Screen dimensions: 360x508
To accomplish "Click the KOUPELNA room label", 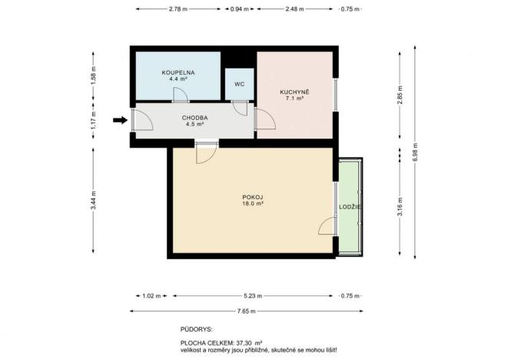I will point(178,72).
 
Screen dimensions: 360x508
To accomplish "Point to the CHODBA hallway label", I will point(193,117).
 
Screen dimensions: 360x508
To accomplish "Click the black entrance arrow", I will point(118,119).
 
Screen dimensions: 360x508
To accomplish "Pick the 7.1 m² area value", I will point(295,99).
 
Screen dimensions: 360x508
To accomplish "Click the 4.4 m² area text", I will point(178,78).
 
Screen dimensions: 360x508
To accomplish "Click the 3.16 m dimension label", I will point(400,208).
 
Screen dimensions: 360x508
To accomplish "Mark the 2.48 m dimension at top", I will point(294,9).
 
